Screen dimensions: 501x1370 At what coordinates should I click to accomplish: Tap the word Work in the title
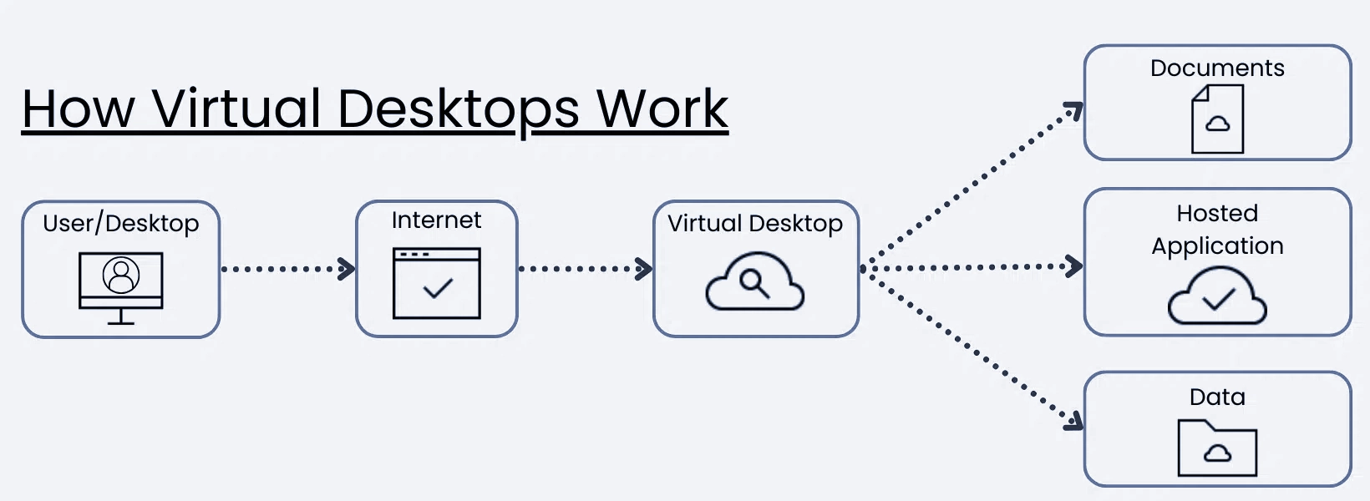(x=662, y=109)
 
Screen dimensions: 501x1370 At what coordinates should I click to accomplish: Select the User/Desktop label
(x=121, y=224)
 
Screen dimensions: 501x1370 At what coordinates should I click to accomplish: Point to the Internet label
(x=436, y=220)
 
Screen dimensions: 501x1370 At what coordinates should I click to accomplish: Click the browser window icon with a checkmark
(x=437, y=284)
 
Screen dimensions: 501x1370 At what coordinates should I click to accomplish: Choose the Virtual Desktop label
(x=755, y=224)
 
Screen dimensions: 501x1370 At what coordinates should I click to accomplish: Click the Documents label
(x=1217, y=68)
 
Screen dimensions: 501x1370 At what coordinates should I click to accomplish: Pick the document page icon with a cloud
(x=1217, y=120)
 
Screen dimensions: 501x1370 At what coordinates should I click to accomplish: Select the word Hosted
(x=1217, y=214)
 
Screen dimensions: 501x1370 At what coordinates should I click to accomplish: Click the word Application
(x=1217, y=246)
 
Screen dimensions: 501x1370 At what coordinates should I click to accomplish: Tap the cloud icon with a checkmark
(x=1217, y=296)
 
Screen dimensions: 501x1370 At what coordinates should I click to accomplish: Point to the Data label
(x=1217, y=397)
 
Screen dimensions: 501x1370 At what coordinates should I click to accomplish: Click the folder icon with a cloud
(x=1217, y=448)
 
